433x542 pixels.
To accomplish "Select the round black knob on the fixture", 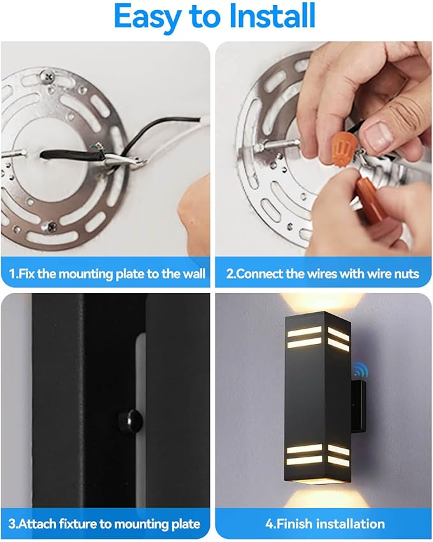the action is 130,420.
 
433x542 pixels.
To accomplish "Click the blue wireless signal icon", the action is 361,370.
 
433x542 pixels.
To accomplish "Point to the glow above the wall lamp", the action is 322,301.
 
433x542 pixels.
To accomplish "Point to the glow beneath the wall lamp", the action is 322,498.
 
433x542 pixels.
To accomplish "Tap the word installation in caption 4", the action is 350,524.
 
